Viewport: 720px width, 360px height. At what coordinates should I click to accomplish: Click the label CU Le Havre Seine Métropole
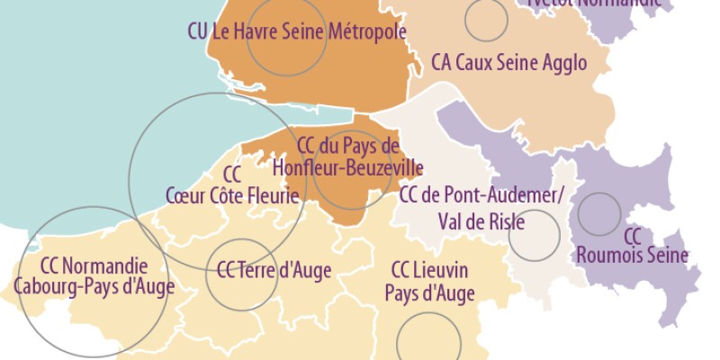pyautogui.click(x=297, y=31)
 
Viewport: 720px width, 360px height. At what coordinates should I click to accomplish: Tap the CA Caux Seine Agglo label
pyautogui.click(x=508, y=63)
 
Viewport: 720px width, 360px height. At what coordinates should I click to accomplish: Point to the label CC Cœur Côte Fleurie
pyautogui.click(x=232, y=184)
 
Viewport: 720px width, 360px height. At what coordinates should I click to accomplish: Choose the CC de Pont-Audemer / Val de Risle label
pyautogui.click(x=481, y=208)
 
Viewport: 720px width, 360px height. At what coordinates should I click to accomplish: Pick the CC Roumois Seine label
pyautogui.click(x=632, y=246)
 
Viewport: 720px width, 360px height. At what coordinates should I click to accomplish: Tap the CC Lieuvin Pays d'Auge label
pyautogui.click(x=429, y=281)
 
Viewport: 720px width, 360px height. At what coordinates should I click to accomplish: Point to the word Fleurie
pyautogui.click(x=274, y=194)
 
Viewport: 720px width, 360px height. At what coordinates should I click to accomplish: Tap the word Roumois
pyautogui.click(x=607, y=256)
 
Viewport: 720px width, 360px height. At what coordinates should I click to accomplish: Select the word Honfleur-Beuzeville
pyautogui.click(x=347, y=167)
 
